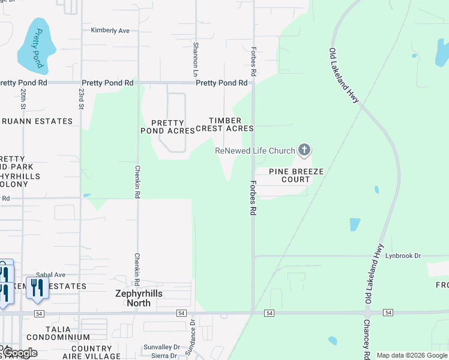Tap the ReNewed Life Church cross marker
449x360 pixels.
point(304,150)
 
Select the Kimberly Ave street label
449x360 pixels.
point(110,30)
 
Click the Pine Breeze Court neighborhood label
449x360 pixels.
point(296,176)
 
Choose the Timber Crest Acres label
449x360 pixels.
point(231,124)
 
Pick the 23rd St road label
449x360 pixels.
point(81,95)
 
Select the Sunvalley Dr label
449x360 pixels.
point(161,347)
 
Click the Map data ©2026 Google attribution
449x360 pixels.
point(412,355)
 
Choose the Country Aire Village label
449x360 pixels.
point(100,352)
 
